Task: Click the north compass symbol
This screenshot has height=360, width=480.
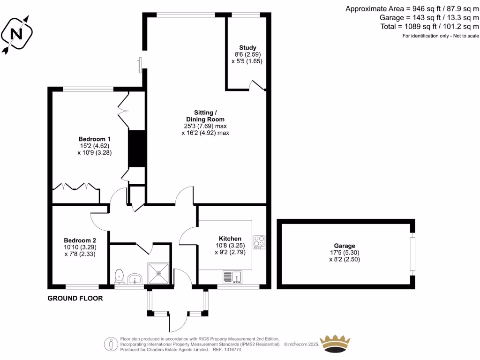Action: (16, 34)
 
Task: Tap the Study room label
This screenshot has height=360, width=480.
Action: (247, 48)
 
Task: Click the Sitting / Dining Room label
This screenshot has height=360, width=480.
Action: (205, 116)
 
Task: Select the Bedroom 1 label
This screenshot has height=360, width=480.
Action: (94, 139)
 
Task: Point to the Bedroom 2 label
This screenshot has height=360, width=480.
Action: (80, 240)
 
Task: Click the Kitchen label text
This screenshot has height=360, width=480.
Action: (228, 239)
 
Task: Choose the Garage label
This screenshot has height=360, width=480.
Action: (345, 246)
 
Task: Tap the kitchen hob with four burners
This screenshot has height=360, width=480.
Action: (259, 241)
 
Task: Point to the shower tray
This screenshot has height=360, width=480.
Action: (159, 273)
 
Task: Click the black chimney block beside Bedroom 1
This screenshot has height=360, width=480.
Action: (136, 148)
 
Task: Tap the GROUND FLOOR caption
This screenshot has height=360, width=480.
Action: (75, 298)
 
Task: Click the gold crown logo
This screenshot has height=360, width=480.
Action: (335, 344)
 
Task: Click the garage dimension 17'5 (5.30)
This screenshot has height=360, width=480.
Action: (345, 253)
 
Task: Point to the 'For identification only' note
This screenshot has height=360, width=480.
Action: (441, 36)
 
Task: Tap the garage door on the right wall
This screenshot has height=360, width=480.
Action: (412, 254)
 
